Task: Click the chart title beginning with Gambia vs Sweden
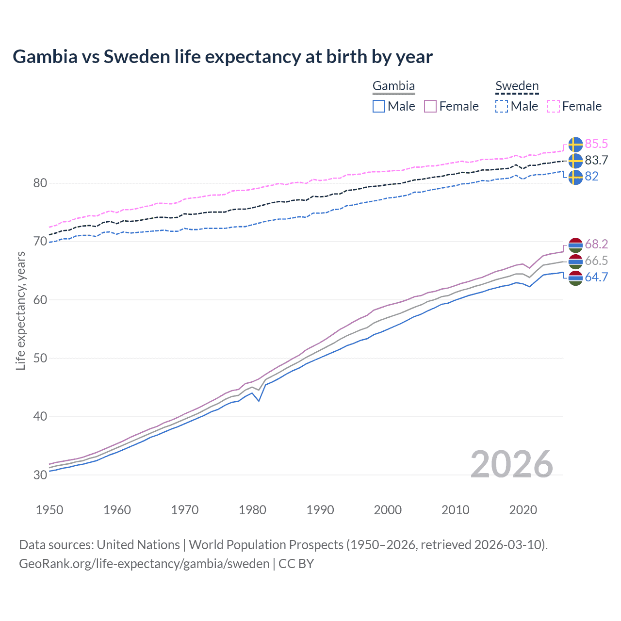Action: [222, 57]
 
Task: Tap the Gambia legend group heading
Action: [393, 86]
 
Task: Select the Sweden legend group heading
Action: [517, 86]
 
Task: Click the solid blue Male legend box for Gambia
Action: [379, 106]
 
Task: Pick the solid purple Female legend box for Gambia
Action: [430, 106]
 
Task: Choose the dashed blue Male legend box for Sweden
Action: [502, 106]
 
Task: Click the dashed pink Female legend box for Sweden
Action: [554, 106]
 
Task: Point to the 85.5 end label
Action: [596, 144]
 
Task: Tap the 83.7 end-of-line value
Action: [596, 160]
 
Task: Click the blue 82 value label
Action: [591, 176]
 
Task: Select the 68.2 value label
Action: [596, 244]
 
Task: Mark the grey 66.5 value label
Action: [596, 261]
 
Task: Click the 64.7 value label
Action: [596, 277]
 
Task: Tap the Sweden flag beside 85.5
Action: [575, 145]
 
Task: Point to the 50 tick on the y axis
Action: [40, 358]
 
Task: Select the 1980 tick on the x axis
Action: [252, 510]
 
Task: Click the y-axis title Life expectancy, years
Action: [20, 310]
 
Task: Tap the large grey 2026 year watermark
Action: [511, 464]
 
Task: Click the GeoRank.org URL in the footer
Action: [144, 564]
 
